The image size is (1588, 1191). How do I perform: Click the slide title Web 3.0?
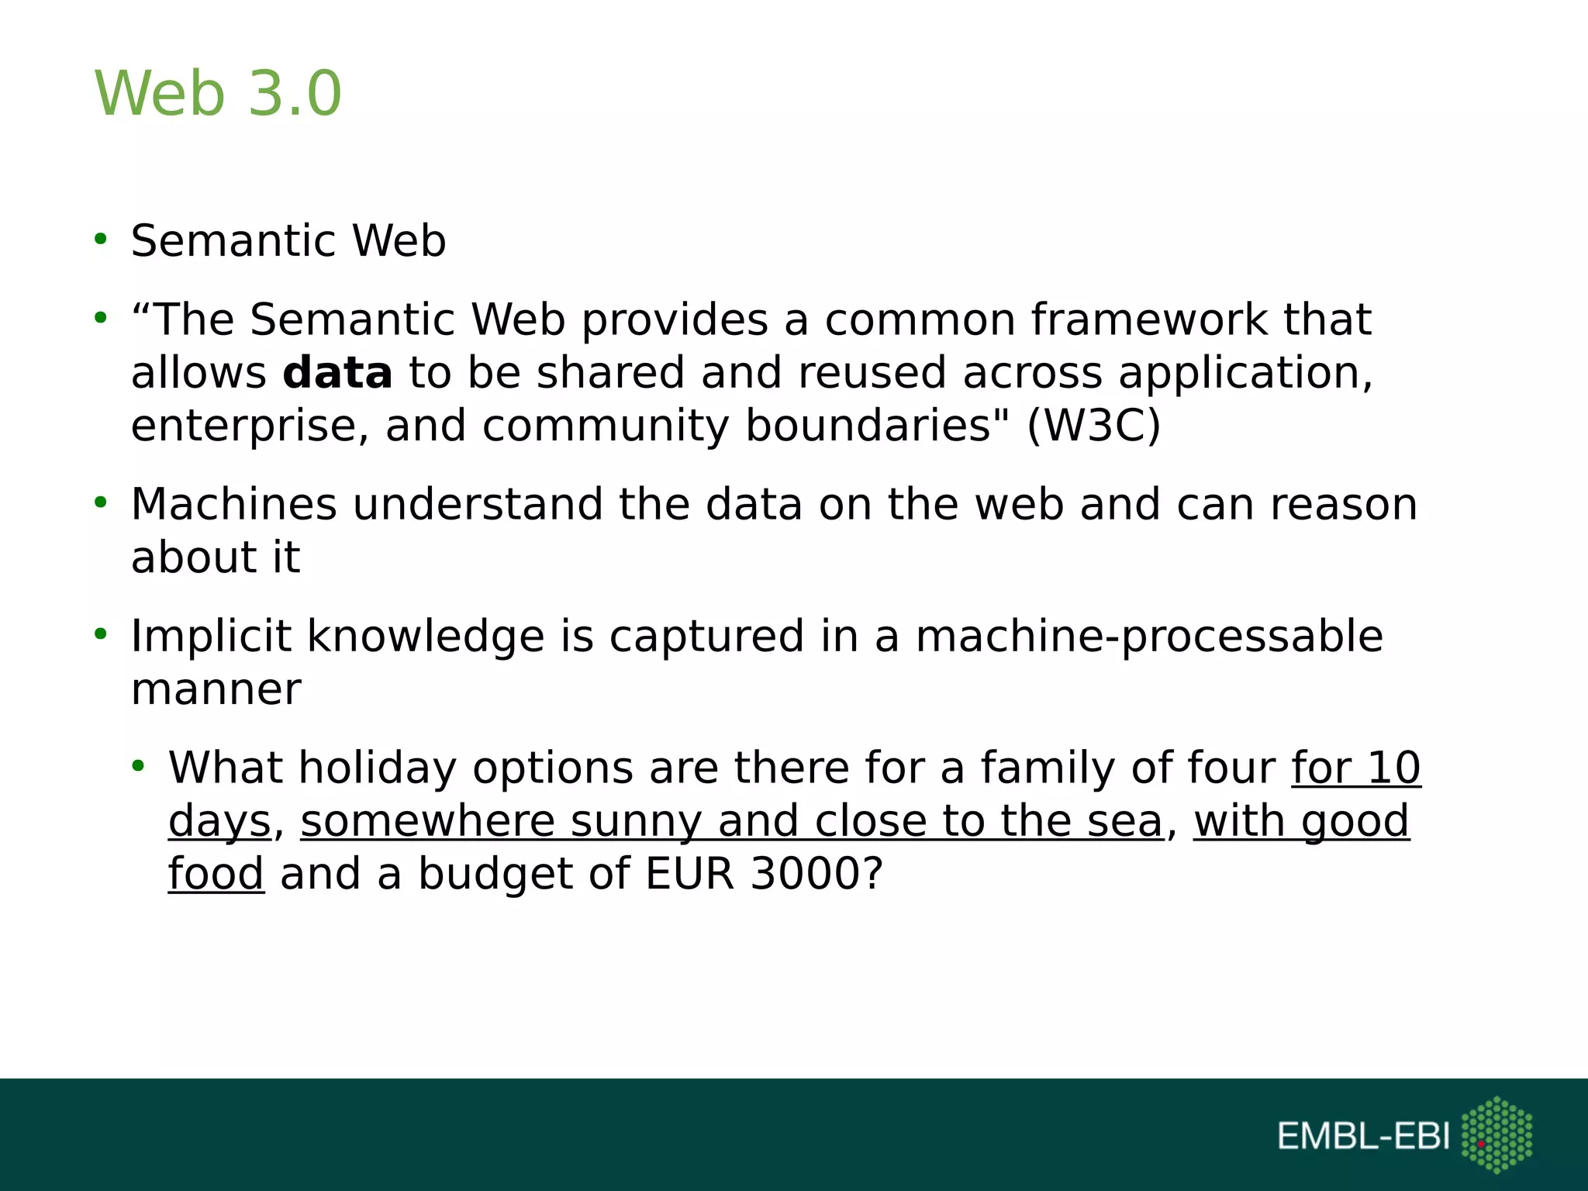point(218,93)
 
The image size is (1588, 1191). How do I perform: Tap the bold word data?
point(337,374)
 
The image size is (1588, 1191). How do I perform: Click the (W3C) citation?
point(1093,426)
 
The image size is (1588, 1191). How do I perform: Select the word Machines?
point(233,505)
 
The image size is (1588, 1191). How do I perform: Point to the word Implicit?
point(211,637)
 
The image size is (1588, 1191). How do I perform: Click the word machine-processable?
point(1149,637)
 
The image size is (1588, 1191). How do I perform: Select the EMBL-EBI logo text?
point(1363,1137)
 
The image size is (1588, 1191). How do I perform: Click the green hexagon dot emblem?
point(1497,1134)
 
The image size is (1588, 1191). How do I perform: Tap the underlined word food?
point(216,874)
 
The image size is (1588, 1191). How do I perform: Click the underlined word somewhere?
point(427,821)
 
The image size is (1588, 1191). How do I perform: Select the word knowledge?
point(426,637)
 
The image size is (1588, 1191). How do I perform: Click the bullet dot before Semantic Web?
point(100,239)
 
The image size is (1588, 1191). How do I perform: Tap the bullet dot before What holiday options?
point(138,766)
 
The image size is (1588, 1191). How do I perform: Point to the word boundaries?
point(868,426)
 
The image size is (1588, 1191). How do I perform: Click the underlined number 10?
point(1393,768)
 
